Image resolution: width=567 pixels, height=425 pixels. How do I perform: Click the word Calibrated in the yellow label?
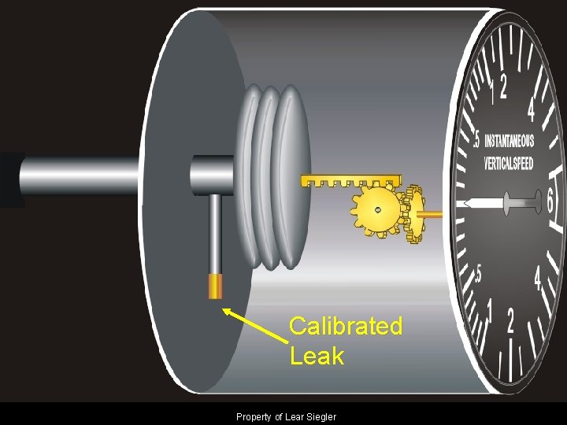(345, 326)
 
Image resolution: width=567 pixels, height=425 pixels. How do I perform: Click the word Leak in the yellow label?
(317, 356)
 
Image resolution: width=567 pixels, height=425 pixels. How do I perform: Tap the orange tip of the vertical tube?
(214, 286)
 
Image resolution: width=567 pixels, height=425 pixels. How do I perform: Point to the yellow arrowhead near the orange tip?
(228, 312)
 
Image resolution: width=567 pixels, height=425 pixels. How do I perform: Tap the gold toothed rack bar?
(351, 181)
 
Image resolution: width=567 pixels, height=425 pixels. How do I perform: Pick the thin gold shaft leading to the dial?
(432, 213)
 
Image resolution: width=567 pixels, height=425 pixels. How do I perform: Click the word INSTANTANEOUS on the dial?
(509, 142)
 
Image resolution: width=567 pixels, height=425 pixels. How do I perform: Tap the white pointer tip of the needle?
(467, 204)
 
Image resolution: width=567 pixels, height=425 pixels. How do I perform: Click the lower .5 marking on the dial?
(478, 273)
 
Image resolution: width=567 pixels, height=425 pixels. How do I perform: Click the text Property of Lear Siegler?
(286, 416)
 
